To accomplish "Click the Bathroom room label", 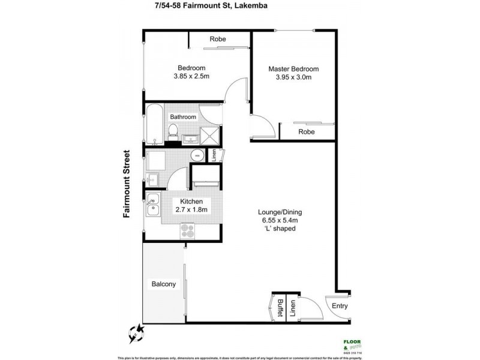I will (x=183, y=116).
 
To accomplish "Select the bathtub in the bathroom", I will (x=154, y=124).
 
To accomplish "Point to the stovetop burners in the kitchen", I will (x=188, y=230).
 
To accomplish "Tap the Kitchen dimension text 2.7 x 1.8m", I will (x=190, y=210).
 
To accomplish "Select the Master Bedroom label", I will (x=293, y=69).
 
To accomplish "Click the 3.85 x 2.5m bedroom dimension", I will (x=191, y=76).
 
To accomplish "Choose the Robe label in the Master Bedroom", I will (x=307, y=131).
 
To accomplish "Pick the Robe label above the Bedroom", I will (x=217, y=40).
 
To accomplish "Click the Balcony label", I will (x=163, y=284).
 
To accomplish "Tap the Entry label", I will (x=340, y=306).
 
